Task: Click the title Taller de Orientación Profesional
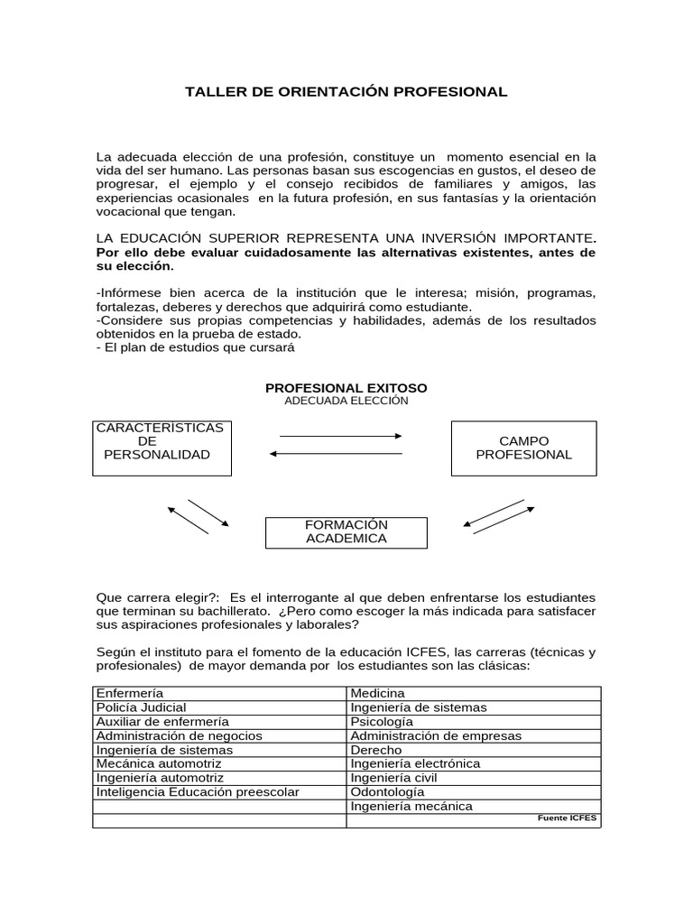click(346, 92)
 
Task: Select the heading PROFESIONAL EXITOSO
click(346, 387)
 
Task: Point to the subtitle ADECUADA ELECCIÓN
click(346, 401)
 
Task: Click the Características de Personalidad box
click(162, 448)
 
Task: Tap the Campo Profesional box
click(523, 448)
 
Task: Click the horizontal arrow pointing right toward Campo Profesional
click(340, 436)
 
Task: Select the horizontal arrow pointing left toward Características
click(335, 454)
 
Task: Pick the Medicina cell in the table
click(473, 693)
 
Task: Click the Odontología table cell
click(473, 791)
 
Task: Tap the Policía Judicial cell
click(219, 707)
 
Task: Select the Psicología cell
click(473, 722)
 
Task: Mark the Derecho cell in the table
click(473, 750)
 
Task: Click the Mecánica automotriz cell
click(219, 763)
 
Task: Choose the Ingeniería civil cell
click(473, 778)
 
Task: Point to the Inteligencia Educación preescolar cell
click(219, 791)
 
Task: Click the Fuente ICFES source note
click(567, 818)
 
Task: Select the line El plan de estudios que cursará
click(196, 347)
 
